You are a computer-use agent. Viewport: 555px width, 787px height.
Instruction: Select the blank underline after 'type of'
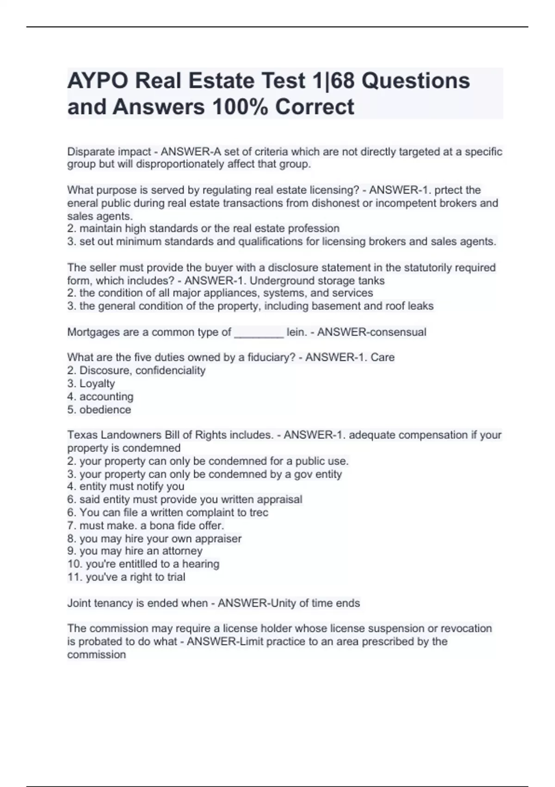259,332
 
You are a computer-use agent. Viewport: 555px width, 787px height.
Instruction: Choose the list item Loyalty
97,383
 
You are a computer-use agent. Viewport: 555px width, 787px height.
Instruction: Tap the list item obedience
105,410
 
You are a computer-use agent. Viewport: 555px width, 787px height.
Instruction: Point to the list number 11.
74,577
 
